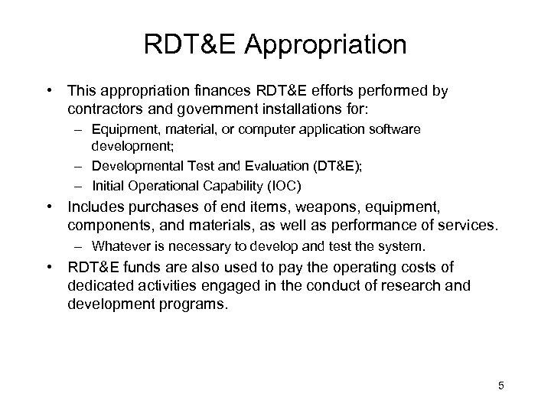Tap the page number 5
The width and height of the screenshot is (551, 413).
point(500,384)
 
